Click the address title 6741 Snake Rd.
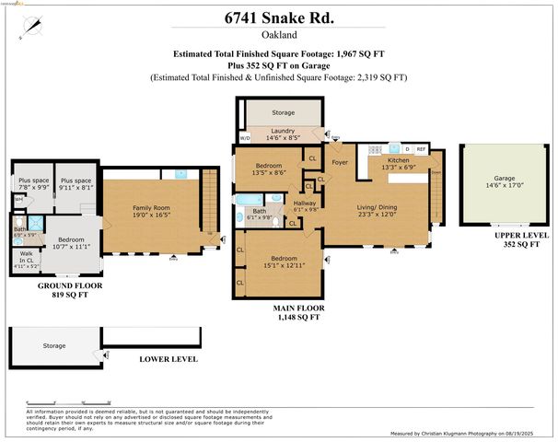pos(279,17)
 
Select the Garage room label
pos(503,180)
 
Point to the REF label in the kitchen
pos(421,148)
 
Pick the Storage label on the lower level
pos(54,345)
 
